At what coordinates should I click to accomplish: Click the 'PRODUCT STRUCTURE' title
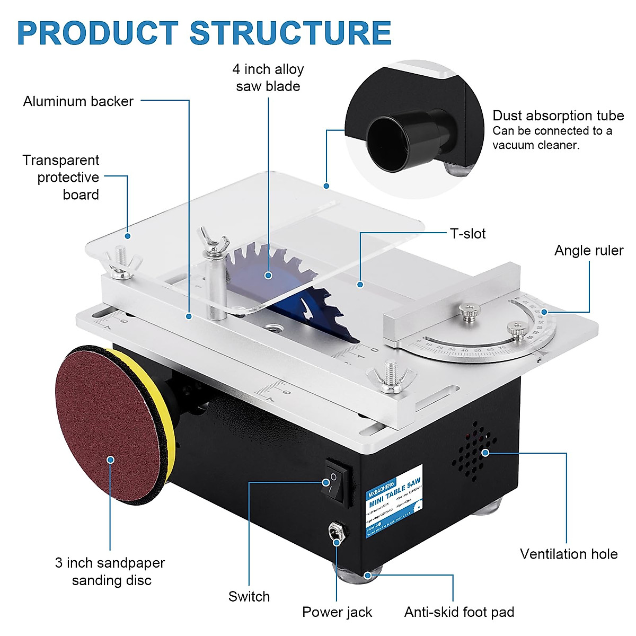coord(204,33)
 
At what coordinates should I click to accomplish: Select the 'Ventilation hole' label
coord(568,554)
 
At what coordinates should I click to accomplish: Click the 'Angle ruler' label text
coord(588,251)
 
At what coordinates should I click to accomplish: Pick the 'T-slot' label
coord(467,234)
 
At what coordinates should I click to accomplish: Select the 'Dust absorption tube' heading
coord(558,116)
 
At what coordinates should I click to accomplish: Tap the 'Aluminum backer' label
coord(78,102)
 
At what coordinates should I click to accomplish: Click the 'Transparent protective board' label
coord(61,178)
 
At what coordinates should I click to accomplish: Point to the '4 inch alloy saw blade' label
coord(268,78)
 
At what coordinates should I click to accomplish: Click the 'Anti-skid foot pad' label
coord(459,613)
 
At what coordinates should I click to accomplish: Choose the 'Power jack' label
coord(337,613)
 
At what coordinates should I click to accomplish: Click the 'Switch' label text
coord(249,597)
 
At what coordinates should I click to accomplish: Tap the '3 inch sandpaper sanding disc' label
coord(110,571)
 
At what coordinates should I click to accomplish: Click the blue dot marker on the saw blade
coord(269,275)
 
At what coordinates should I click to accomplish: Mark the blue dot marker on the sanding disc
coord(110,460)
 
